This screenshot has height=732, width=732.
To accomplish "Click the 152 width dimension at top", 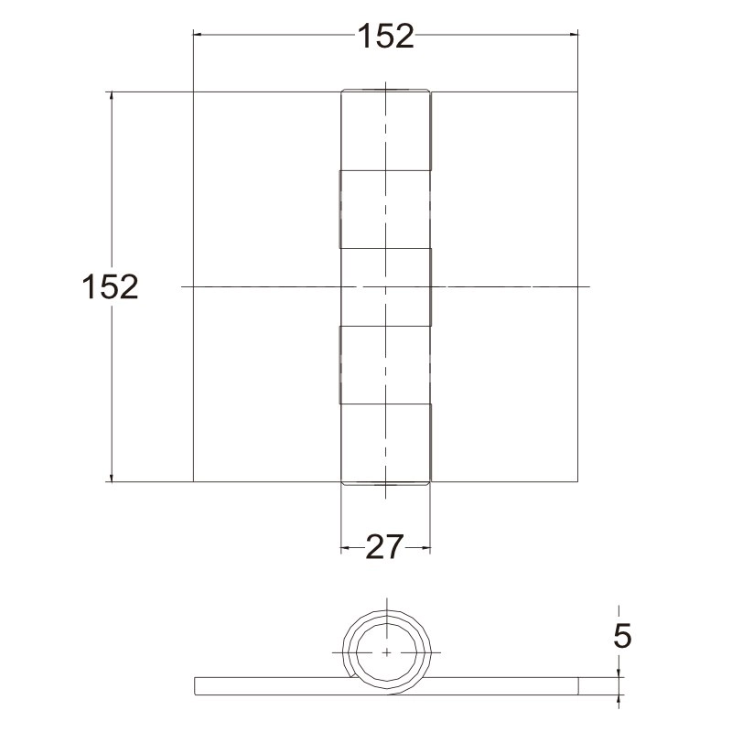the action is point(385,36).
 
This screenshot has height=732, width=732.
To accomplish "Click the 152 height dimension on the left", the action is point(110,286).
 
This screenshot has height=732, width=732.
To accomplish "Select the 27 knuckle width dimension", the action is point(383,547).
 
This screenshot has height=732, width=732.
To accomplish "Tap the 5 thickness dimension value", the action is point(622,635).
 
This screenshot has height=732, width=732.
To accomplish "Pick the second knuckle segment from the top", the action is point(384,210).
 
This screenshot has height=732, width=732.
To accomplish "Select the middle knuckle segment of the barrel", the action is point(385,286).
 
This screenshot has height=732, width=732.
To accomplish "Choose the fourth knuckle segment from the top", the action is point(384,364).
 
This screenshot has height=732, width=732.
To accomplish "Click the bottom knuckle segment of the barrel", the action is point(385,444).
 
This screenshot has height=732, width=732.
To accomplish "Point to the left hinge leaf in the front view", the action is point(267,286).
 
